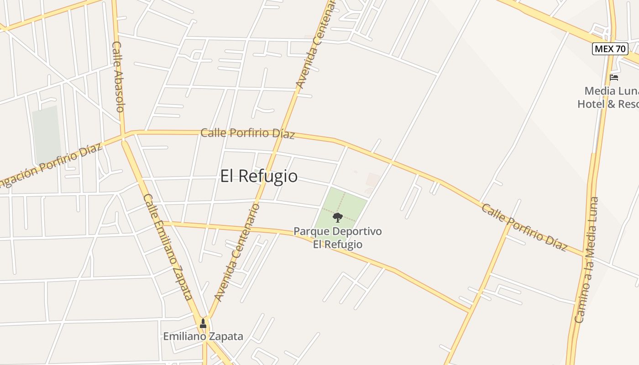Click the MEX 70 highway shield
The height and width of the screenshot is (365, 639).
610,48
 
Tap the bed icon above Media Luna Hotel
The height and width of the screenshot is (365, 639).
614,78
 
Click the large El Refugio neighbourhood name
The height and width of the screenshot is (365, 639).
259,176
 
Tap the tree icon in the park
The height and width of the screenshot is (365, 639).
338,217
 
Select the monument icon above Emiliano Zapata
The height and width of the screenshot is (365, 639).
203,324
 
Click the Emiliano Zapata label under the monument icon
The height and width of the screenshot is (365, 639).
203,337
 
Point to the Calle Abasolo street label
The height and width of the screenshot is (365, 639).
118,77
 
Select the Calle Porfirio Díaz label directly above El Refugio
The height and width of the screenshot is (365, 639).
247,134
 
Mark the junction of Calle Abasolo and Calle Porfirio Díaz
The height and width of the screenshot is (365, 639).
123,135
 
